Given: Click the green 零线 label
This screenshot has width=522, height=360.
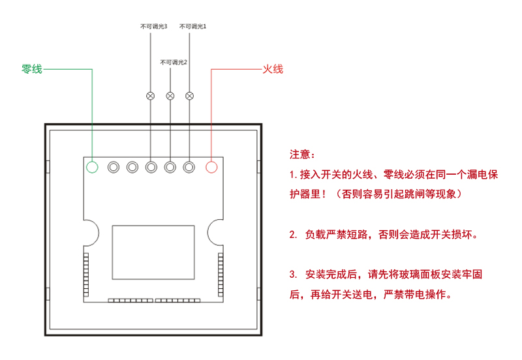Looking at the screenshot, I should pyautogui.click(x=32, y=69).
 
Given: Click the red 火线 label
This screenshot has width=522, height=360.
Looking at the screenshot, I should pyautogui.click(x=272, y=69).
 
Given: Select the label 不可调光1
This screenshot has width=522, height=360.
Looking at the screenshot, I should pyautogui.click(x=192, y=27).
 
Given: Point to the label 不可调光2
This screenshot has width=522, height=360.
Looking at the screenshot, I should pyautogui.click(x=174, y=62).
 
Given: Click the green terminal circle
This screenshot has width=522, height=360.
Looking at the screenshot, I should pyautogui.click(x=92, y=167).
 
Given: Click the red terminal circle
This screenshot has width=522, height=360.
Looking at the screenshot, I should pyautogui.click(x=211, y=167).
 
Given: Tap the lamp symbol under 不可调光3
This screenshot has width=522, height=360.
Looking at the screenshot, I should pyautogui.click(x=151, y=96).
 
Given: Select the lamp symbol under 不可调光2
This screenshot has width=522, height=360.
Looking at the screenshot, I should pyautogui.click(x=170, y=96).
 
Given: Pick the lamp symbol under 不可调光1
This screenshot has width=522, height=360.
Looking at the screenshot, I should pyautogui.click(x=190, y=96).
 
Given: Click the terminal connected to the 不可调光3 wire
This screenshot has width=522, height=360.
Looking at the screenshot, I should pyautogui.click(x=151, y=167).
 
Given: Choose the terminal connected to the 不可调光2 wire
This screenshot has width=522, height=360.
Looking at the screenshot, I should pyautogui.click(x=170, y=167).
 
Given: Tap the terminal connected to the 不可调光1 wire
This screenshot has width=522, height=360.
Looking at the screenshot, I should pyautogui.click(x=190, y=167).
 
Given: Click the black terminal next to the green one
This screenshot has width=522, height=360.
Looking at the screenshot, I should pyautogui.click(x=113, y=167).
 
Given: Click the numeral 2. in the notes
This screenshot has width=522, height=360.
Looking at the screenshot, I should pyautogui.click(x=292, y=234).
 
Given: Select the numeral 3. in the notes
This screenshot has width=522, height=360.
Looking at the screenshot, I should pyautogui.click(x=292, y=274).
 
